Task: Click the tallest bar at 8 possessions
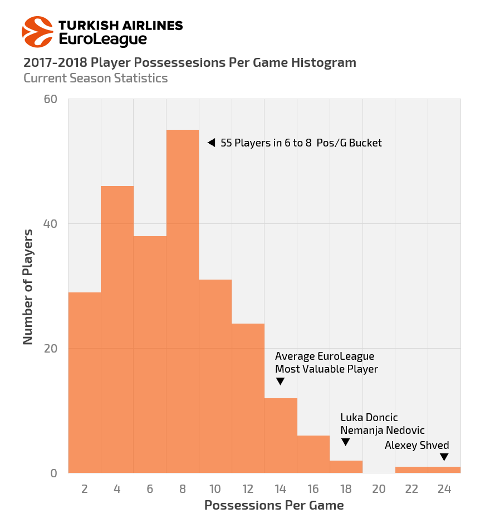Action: tap(183, 301)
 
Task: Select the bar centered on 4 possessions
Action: tap(117, 329)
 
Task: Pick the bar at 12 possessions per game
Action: tap(248, 398)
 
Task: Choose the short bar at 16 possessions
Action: tap(313, 454)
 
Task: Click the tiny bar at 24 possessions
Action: tap(444, 470)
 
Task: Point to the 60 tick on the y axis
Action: tap(51, 99)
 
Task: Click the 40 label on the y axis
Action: tap(51, 224)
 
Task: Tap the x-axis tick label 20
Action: tap(379, 489)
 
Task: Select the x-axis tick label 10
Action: tap(215, 489)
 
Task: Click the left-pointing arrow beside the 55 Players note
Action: tap(211, 143)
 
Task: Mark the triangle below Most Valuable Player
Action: tap(280, 382)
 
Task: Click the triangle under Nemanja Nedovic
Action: tap(345, 442)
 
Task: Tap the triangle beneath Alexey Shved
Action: tap(444, 457)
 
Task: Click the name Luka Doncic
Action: tap(369, 418)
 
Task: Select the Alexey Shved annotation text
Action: tap(416, 445)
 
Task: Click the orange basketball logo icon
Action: tap(37, 32)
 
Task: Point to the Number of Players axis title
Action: tap(28, 286)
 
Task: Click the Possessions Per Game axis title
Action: tap(273, 505)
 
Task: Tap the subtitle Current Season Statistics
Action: tap(95, 78)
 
